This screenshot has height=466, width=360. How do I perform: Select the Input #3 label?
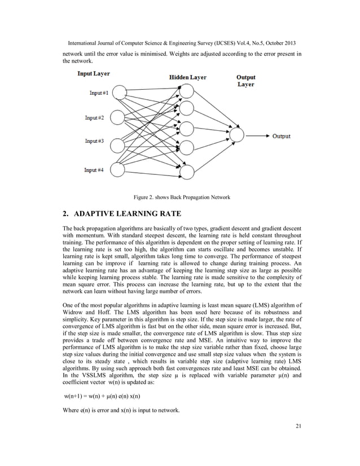[x=95, y=140]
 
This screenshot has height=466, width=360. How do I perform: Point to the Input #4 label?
[x=95, y=170]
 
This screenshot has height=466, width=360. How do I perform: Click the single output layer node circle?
[x=237, y=136]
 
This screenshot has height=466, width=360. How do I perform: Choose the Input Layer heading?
[x=93, y=73]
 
